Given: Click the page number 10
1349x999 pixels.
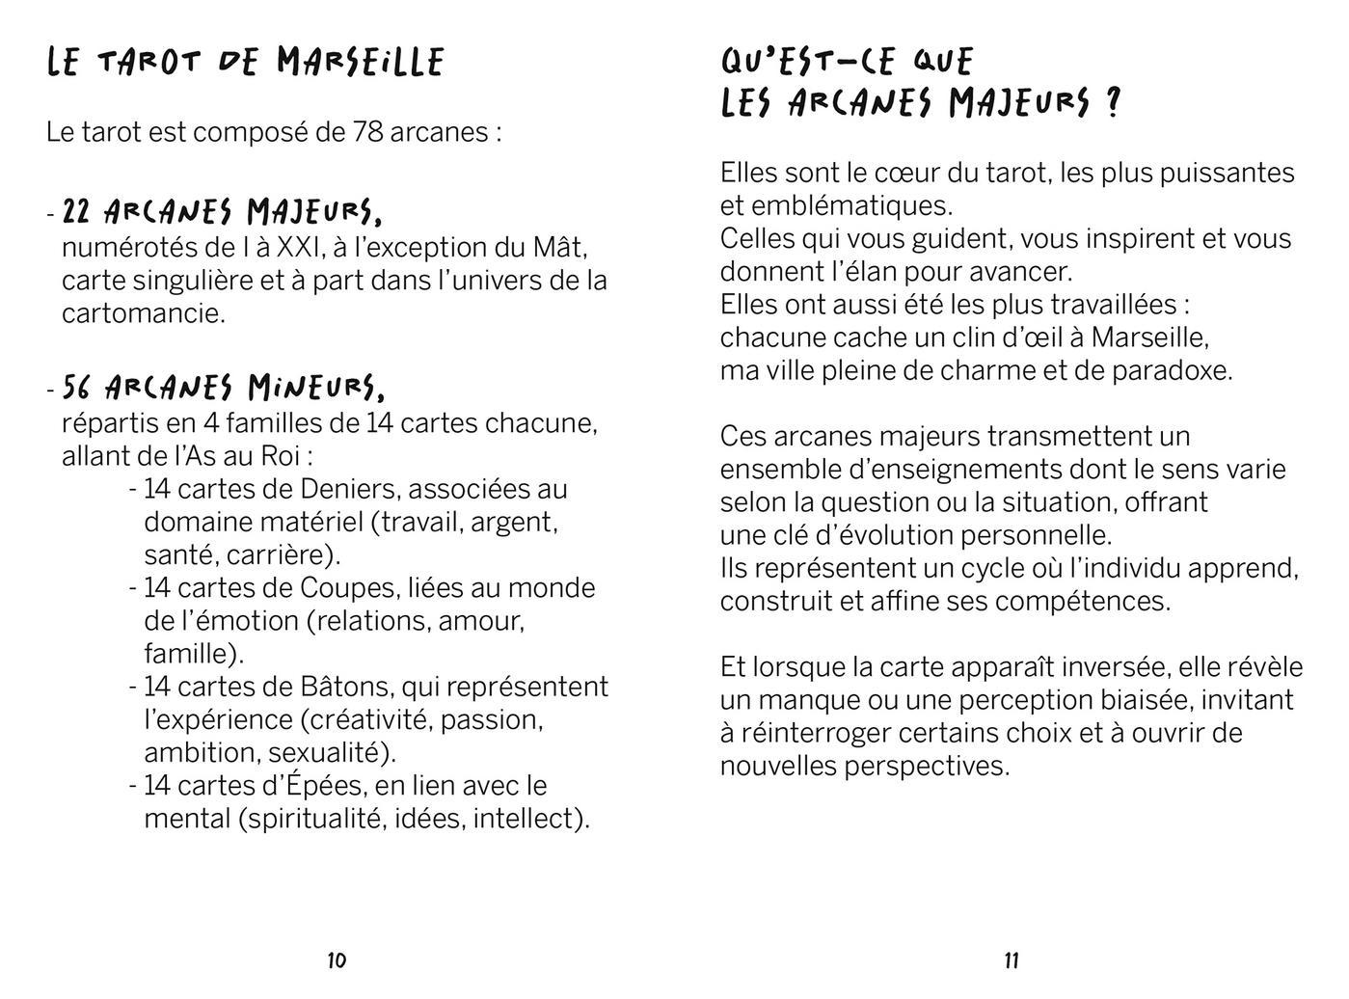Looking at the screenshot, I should pyautogui.click(x=337, y=959).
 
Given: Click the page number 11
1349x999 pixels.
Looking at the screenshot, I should pyautogui.click(x=1012, y=959).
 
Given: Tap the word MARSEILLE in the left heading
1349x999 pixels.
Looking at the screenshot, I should pyautogui.click(x=360, y=63).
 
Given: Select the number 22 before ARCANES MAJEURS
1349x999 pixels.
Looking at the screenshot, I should pyautogui.click(x=77, y=211).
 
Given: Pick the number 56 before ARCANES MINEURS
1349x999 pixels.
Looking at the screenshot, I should pyautogui.click(x=77, y=388).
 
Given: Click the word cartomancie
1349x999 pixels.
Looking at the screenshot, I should pyautogui.click(x=143, y=313).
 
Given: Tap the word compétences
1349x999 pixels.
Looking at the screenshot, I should pyautogui.click(x=1083, y=602).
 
